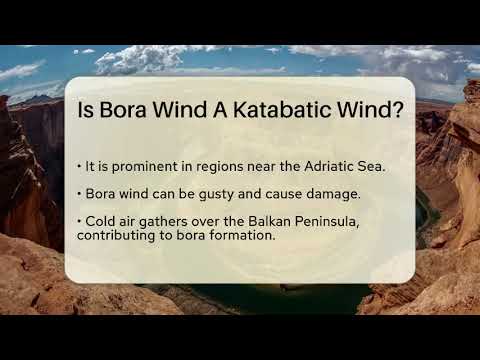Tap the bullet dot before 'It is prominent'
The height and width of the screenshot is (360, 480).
pyautogui.click(x=78, y=165)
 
